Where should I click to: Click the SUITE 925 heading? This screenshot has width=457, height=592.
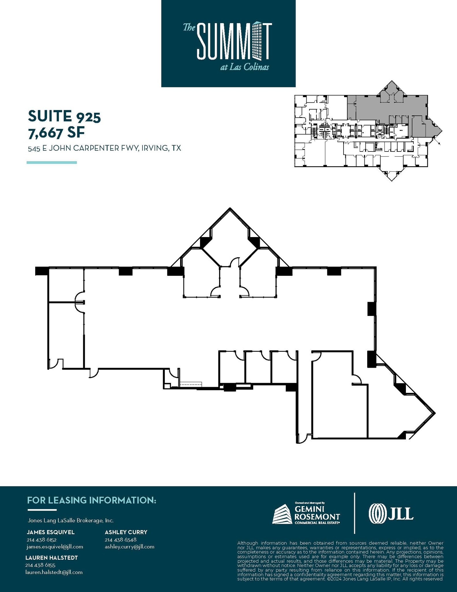tap(64, 116)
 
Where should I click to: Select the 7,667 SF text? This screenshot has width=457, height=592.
tap(56, 133)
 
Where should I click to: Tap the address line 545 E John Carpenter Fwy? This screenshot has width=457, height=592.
tap(104, 148)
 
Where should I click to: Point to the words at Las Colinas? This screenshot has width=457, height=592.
tap(244, 67)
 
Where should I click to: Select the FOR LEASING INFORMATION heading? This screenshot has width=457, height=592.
tap(92, 500)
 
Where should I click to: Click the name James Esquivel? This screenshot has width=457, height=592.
tap(51, 532)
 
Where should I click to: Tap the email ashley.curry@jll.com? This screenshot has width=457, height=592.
tap(129, 547)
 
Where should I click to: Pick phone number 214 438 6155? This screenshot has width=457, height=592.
tap(40, 565)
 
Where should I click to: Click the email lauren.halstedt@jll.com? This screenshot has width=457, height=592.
tap(54, 572)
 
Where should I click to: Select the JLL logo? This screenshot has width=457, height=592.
tap(391, 514)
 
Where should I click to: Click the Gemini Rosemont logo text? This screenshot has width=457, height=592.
tap(317, 516)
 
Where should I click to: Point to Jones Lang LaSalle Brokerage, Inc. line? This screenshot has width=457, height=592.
tap(70, 521)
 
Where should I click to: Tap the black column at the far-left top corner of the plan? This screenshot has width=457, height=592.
tap(41, 271)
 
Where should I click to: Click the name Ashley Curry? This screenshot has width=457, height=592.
tap(126, 532)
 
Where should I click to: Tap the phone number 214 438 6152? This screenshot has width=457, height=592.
tap(41, 540)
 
